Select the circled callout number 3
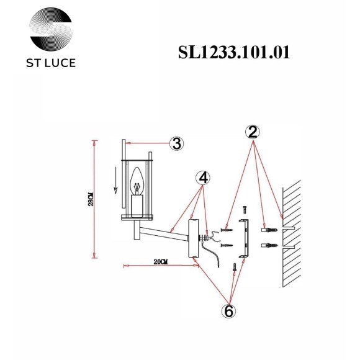pyautogui.click(x=177, y=144)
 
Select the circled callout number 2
pyautogui.click(x=253, y=132)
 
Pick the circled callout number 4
pyautogui.click(x=202, y=178)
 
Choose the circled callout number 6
pyautogui.click(x=228, y=311)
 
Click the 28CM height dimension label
pyautogui.click(x=91, y=199)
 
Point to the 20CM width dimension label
pyautogui.click(x=160, y=262)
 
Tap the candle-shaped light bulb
pyautogui.click(x=138, y=185)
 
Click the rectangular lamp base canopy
pyautogui.click(x=193, y=238)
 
